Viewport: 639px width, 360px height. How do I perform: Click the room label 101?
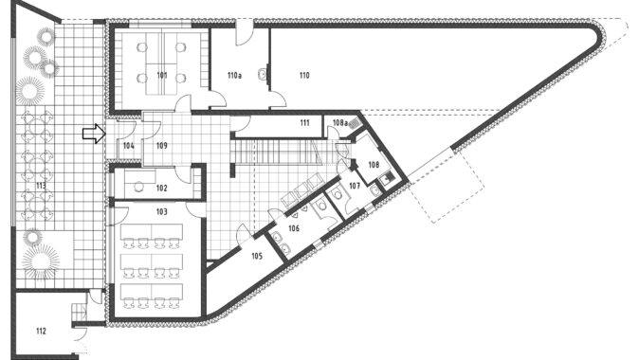(x=162, y=75)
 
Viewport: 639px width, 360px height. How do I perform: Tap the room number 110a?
(x=234, y=75)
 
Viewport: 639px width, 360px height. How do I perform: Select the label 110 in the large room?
(x=304, y=75)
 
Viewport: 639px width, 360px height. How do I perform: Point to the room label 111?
(x=304, y=122)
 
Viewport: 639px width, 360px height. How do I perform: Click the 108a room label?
(x=339, y=122)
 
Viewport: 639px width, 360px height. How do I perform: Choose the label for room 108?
(x=374, y=165)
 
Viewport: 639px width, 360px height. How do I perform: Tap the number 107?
(x=355, y=186)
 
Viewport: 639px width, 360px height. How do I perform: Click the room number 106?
(x=294, y=228)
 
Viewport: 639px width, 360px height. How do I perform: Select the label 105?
(x=257, y=256)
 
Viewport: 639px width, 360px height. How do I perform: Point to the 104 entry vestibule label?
(x=129, y=145)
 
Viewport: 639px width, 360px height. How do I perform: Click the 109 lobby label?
(x=162, y=145)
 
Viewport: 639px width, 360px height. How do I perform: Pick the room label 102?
(x=162, y=188)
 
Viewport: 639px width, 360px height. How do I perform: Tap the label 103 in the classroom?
(x=162, y=211)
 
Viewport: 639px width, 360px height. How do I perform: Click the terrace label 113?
(x=41, y=186)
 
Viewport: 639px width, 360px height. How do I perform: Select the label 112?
(x=41, y=331)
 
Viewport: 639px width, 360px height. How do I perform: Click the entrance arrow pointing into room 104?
(x=94, y=134)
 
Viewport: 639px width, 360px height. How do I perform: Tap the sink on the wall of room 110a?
(x=263, y=75)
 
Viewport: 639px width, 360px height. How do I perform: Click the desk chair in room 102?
(x=139, y=186)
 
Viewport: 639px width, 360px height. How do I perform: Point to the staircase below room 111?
(x=282, y=151)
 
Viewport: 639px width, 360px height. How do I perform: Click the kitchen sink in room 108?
(x=385, y=179)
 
